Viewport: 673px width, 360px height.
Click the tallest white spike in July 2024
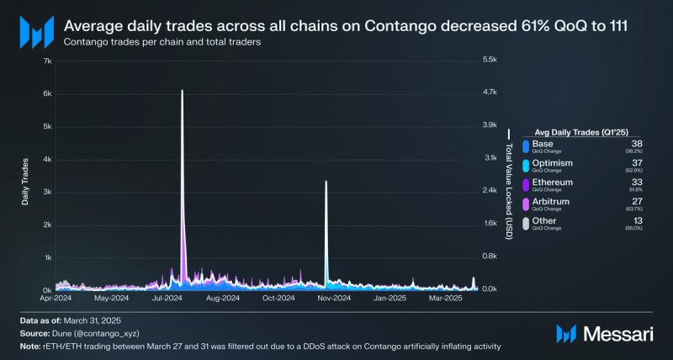(x=183, y=93)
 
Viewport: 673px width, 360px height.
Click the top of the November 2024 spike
(x=326, y=183)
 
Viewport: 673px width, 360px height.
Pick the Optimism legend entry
(x=551, y=163)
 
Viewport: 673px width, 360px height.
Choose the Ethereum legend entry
(x=552, y=183)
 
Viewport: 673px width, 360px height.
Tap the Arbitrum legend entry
(x=550, y=202)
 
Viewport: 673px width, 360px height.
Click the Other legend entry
(x=544, y=221)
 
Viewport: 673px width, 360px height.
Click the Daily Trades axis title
(x=25, y=180)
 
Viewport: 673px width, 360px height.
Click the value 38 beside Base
(x=637, y=144)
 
